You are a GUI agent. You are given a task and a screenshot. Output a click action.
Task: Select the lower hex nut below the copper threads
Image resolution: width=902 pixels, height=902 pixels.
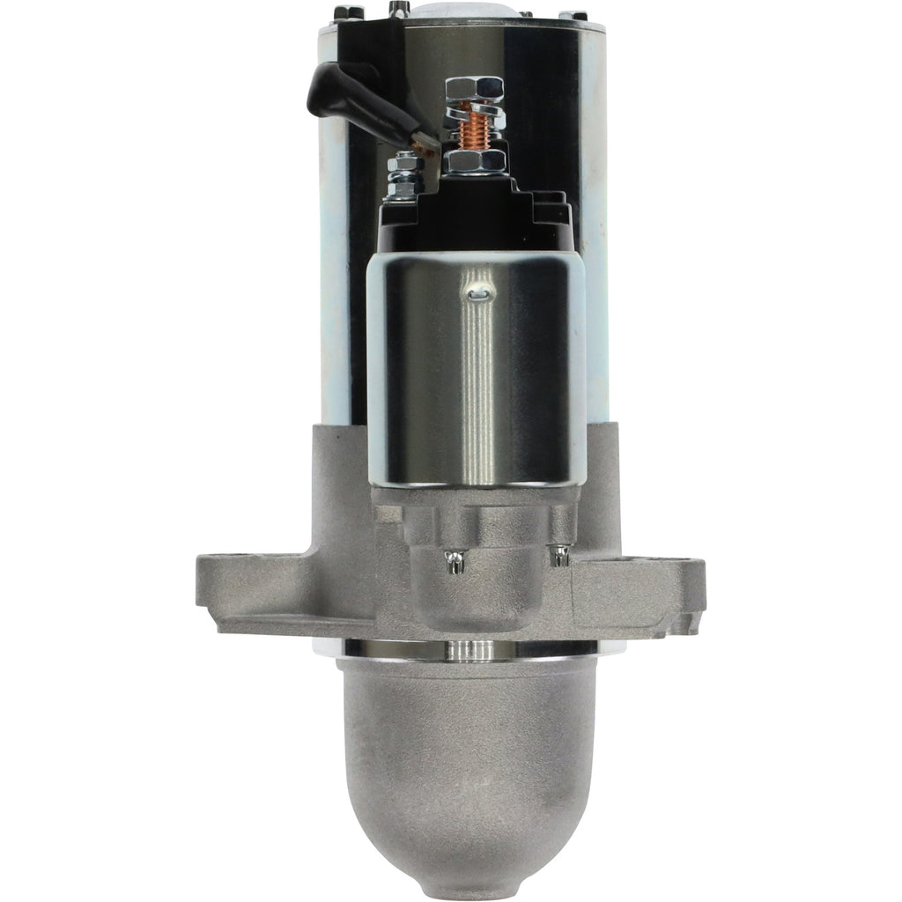[476, 162]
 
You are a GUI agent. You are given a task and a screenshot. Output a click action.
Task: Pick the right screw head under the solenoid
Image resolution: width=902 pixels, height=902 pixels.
[557, 556]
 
